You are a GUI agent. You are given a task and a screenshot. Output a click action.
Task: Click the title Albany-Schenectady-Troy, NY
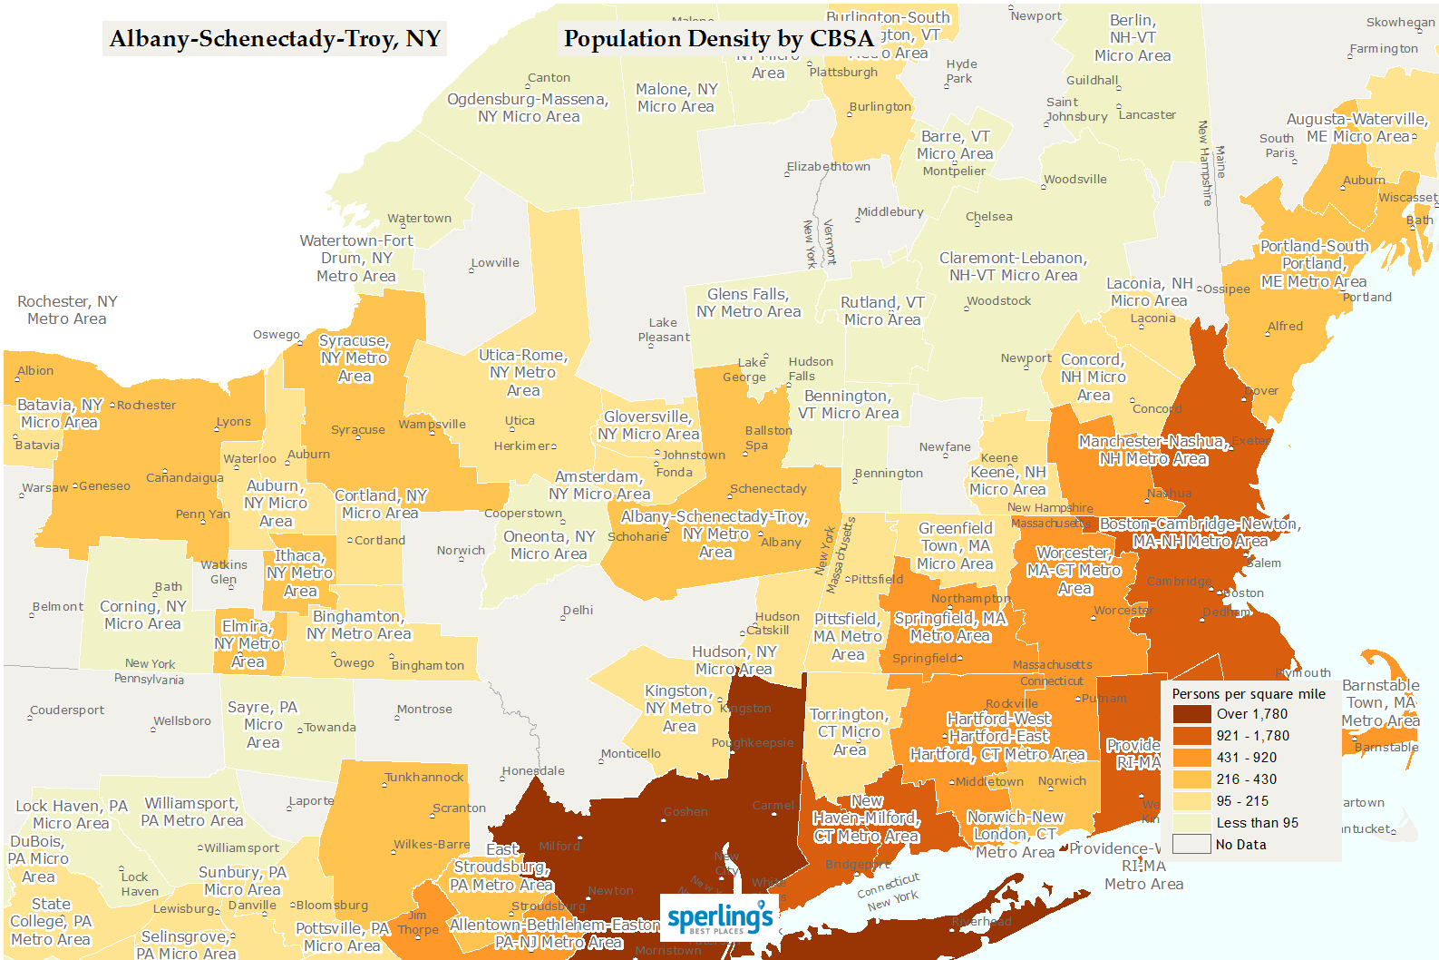click(x=275, y=39)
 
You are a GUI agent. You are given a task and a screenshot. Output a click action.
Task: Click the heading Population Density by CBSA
click(x=718, y=39)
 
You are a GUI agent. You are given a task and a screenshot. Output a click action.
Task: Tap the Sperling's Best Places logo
click(x=720, y=918)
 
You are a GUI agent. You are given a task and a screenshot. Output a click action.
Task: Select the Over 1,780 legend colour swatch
click(x=1191, y=714)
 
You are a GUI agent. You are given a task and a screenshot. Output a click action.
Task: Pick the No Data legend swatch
click(x=1191, y=845)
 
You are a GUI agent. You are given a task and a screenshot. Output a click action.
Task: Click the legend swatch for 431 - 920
click(x=1191, y=758)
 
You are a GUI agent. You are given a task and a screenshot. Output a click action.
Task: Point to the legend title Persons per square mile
click(x=1248, y=694)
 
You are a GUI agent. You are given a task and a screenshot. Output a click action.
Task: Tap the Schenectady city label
click(x=768, y=489)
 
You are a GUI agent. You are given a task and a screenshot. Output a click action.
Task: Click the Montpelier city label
click(x=954, y=171)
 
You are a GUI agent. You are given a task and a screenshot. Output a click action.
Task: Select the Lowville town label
click(x=495, y=263)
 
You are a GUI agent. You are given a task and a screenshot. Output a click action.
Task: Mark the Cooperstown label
click(x=523, y=514)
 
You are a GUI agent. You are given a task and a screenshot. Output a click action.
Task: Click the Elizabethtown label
click(x=829, y=167)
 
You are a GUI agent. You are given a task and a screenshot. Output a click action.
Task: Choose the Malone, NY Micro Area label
click(x=676, y=98)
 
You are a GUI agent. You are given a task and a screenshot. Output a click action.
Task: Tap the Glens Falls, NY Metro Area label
click(x=748, y=303)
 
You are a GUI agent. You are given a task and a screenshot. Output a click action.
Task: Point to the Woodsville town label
click(x=1075, y=180)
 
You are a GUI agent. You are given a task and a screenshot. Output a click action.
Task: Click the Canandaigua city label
click(x=185, y=478)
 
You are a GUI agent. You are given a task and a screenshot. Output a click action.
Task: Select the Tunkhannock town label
click(x=424, y=778)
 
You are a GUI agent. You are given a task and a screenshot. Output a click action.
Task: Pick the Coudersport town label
click(x=67, y=710)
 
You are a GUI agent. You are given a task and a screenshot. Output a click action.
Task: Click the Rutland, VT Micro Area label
click(x=881, y=311)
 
